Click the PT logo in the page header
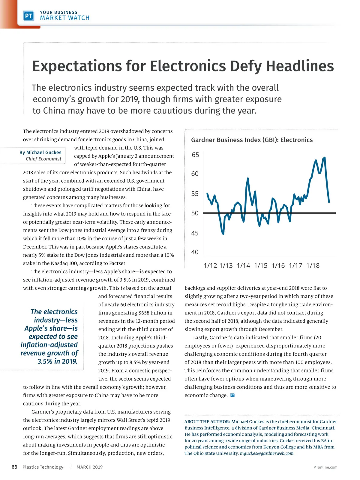click(x=28, y=16)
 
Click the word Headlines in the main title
click(x=300, y=66)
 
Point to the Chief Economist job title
click(x=43, y=159)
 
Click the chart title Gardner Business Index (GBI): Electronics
click(x=252, y=140)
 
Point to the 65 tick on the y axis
click(x=195, y=155)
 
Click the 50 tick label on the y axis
click(x=195, y=213)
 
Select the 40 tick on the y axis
click(x=195, y=252)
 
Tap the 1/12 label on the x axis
click(x=210, y=265)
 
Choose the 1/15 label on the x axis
click(x=261, y=265)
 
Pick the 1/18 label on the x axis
click(x=313, y=265)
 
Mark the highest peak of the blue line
click(x=325, y=157)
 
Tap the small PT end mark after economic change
click(x=232, y=395)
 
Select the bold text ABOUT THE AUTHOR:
click(x=207, y=422)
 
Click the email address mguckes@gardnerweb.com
click(x=267, y=453)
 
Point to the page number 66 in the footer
click(x=14, y=467)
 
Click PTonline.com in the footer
click(x=325, y=467)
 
